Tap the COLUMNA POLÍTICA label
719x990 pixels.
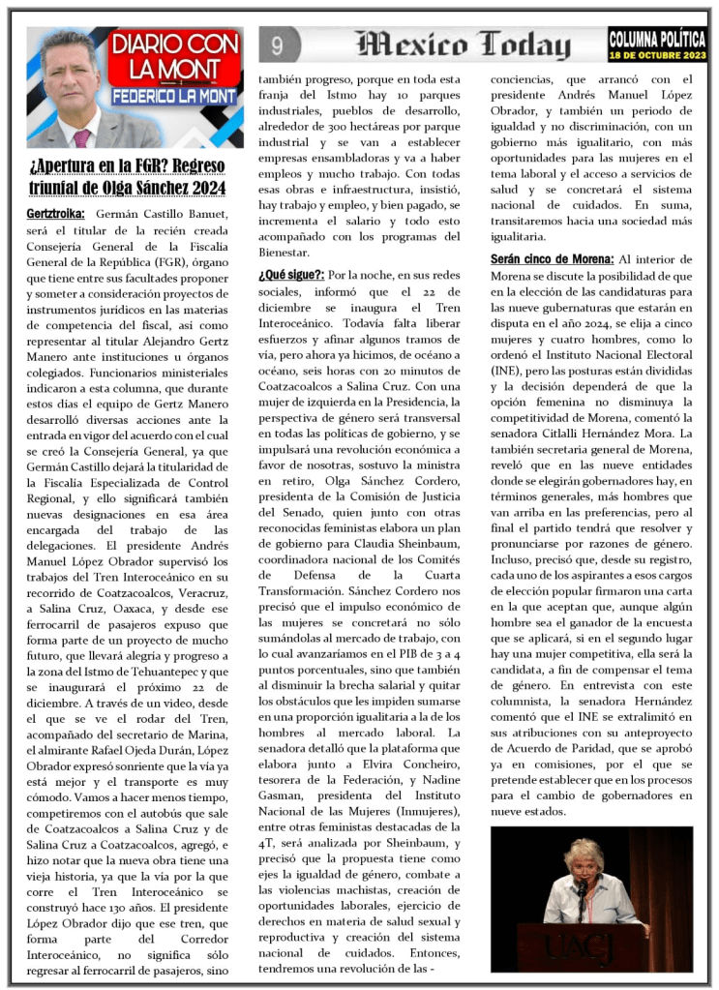(657, 39)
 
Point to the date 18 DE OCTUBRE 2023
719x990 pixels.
(657, 55)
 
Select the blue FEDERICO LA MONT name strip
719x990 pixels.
(174, 98)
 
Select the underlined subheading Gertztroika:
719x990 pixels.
(56, 213)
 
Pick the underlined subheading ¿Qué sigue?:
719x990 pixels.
(291, 276)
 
